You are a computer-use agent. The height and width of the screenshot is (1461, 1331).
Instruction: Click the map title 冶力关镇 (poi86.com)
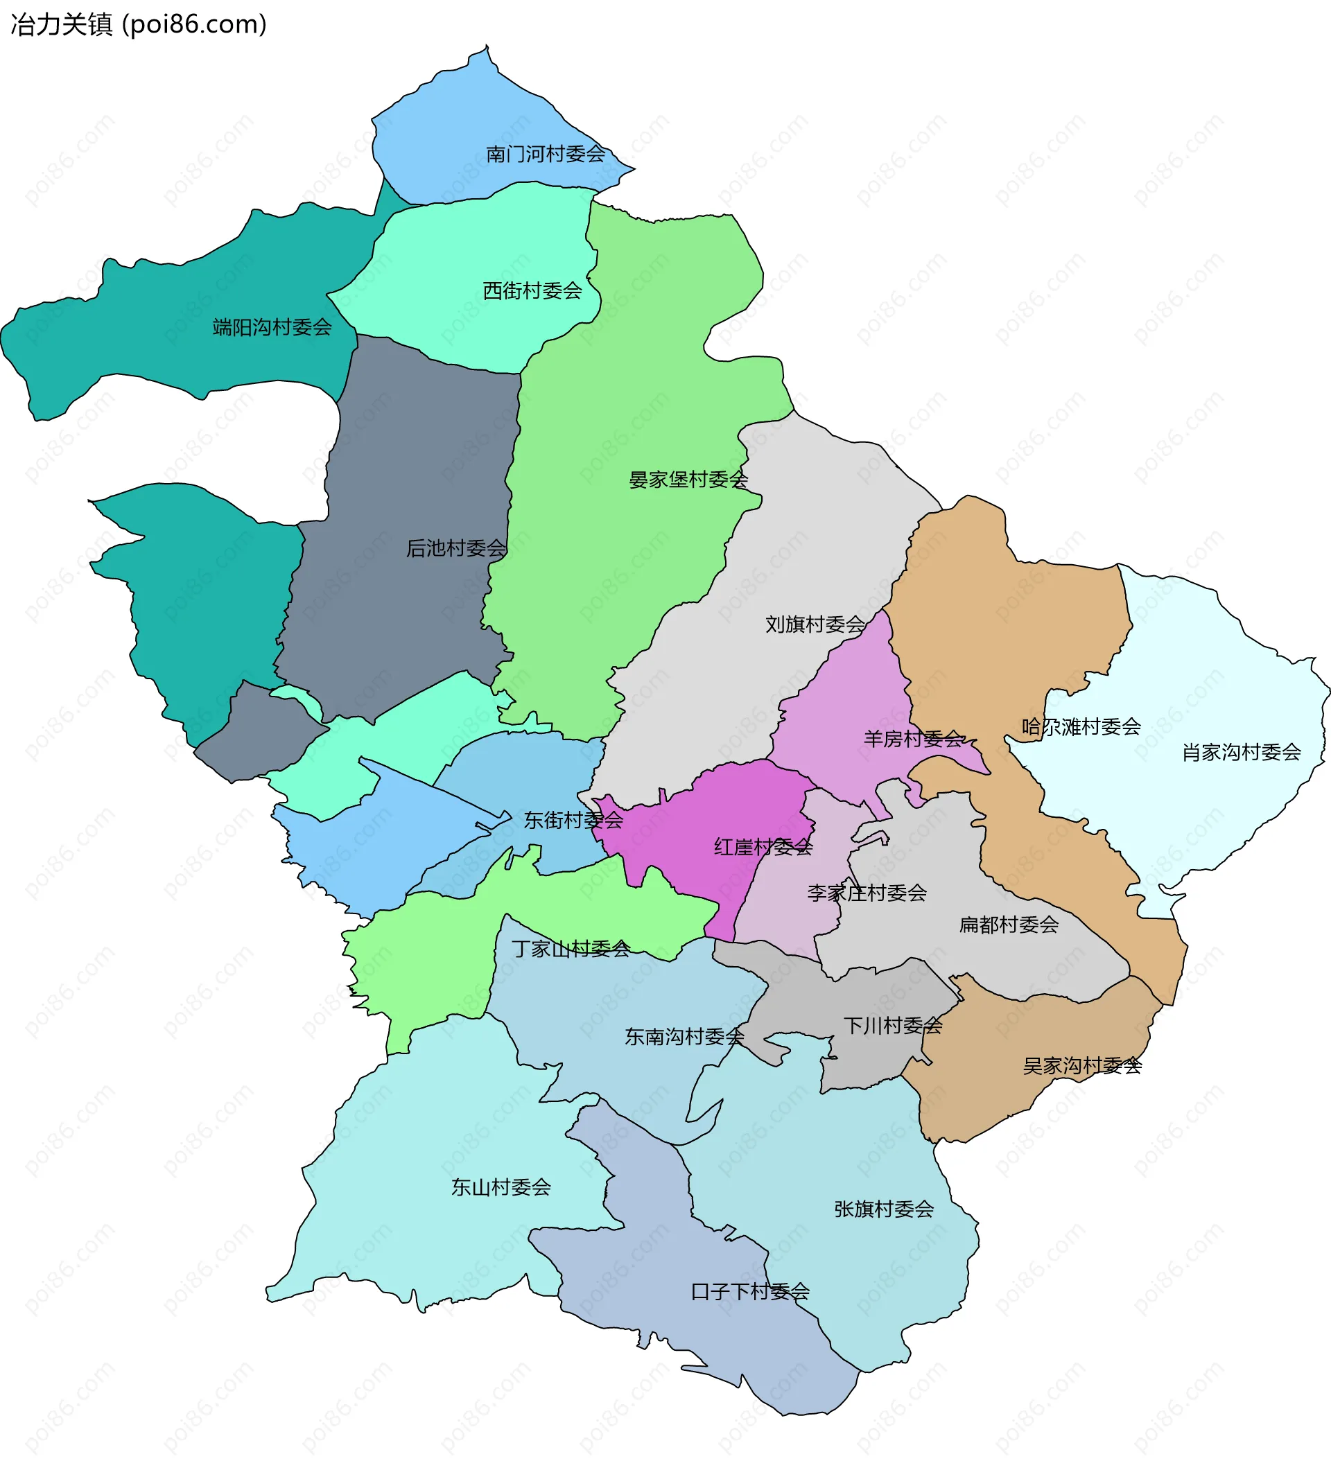(x=139, y=25)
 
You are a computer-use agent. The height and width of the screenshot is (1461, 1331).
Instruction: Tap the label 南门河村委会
(x=545, y=154)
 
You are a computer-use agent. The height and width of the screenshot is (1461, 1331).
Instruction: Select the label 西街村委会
(x=532, y=290)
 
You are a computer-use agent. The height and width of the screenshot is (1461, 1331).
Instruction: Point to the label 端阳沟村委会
(x=272, y=328)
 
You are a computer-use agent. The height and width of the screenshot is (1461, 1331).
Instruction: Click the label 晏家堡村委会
(x=688, y=480)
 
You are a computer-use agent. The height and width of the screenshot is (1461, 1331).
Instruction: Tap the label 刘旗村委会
(x=815, y=624)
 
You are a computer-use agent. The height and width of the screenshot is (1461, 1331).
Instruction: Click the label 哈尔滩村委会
(x=1081, y=726)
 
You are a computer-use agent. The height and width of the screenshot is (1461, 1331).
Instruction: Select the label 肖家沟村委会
(x=1241, y=752)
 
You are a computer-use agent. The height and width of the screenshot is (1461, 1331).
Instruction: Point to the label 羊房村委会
(x=914, y=739)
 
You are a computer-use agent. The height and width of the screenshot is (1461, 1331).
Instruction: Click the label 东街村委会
(x=573, y=821)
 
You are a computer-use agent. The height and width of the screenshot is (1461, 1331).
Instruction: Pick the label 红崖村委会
(x=763, y=846)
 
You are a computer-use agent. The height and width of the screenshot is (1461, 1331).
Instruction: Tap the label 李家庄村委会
(x=867, y=893)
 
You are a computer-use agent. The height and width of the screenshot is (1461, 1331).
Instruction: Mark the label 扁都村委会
(x=1009, y=925)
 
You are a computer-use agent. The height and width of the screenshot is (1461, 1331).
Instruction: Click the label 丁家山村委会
(x=571, y=949)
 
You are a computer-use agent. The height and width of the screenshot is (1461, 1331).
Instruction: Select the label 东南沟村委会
(x=684, y=1037)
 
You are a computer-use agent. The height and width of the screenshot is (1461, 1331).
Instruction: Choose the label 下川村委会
(x=893, y=1026)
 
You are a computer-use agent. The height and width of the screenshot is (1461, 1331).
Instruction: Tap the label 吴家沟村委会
(x=1082, y=1066)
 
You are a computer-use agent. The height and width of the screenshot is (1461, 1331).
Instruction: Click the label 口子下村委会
(x=750, y=1291)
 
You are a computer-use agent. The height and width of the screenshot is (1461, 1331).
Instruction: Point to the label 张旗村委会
(x=884, y=1209)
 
